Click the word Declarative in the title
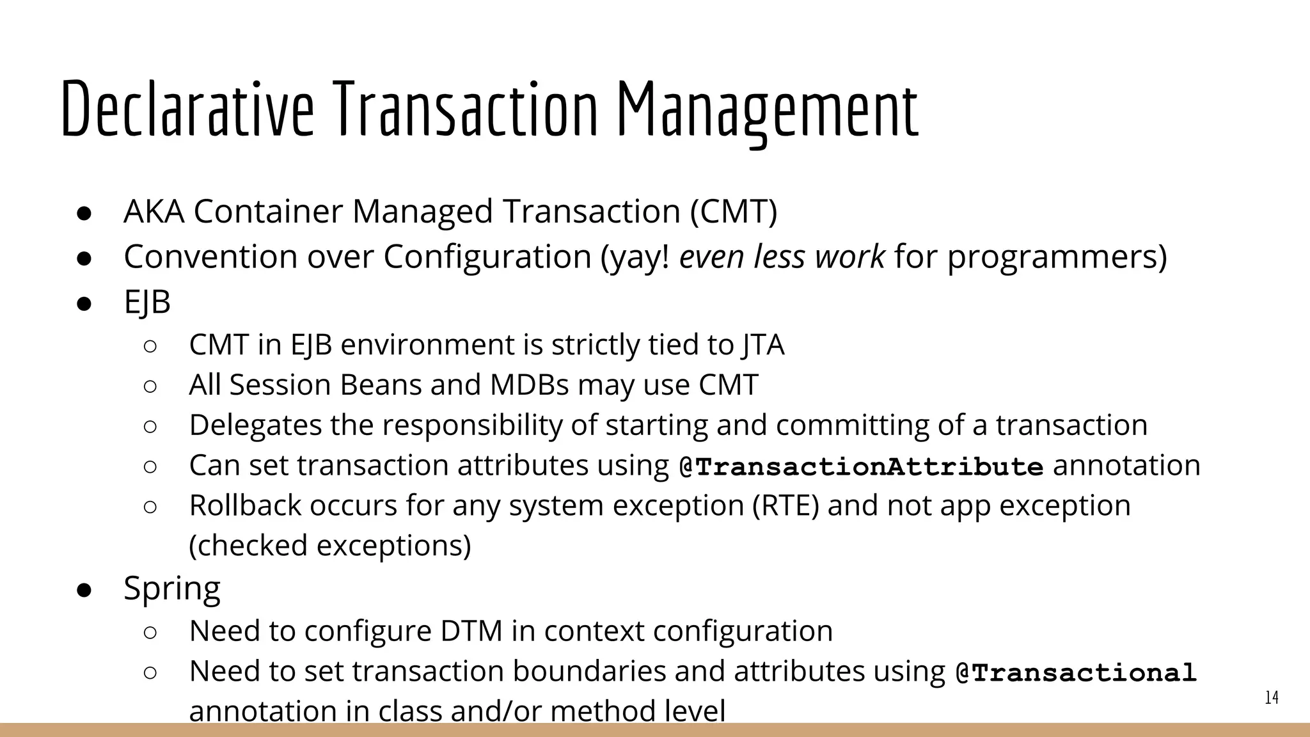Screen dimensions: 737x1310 tap(187, 109)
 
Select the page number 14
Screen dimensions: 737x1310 tap(1272, 698)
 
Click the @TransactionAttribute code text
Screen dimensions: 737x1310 tap(861, 466)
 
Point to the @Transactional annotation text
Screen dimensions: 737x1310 tap(1075, 672)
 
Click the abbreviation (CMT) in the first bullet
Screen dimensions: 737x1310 tap(734, 211)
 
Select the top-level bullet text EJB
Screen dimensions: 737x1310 tap(147, 302)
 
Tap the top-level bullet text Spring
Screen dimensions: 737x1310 tap(171, 587)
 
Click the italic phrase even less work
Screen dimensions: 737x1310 tap(782, 257)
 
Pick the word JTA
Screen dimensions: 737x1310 tap(763, 345)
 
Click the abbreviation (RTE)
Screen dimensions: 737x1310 tap(785, 505)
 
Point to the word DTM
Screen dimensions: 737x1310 tap(471, 631)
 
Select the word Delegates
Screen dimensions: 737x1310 tap(255, 425)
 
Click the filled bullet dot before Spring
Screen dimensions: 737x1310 tap(85, 589)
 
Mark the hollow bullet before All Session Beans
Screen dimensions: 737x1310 tap(150, 386)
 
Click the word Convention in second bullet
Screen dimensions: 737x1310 tap(210, 257)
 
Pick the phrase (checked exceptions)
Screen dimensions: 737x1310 tap(330, 546)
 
